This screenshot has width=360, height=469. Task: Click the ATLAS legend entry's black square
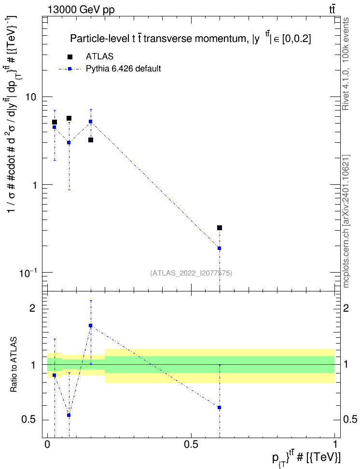[x=69, y=56]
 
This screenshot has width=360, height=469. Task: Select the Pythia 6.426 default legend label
[x=123, y=69]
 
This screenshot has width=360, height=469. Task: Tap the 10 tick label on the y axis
[x=30, y=97]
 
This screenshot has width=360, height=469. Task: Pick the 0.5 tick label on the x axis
[x=191, y=444]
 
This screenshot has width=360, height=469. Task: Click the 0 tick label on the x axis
[x=47, y=444]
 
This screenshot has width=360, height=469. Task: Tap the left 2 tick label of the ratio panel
[x=32, y=308]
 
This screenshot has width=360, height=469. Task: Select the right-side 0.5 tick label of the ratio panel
[x=350, y=419]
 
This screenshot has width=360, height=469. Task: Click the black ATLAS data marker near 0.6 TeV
[x=220, y=228]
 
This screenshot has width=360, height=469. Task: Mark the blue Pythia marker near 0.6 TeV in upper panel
[x=220, y=248]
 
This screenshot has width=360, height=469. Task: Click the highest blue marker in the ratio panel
[x=90, y=325]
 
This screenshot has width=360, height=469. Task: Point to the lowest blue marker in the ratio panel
[x=69, y=415]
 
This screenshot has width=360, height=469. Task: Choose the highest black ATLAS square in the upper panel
[x=69, y=118]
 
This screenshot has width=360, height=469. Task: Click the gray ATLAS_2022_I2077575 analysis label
[x=191, y=273]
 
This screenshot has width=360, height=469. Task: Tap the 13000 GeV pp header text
[x=81, y=10]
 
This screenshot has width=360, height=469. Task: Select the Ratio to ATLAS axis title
[x=14, y=365]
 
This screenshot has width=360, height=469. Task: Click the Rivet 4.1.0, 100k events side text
[x=346, y=64]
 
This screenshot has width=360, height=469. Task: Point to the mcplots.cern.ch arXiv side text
[x=346, y=221]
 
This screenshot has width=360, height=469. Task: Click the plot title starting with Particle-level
[x=190, y=39]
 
